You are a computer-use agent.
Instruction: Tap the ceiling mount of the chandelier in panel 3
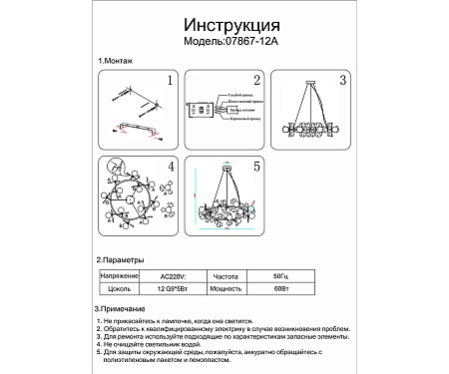point(312,79)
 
